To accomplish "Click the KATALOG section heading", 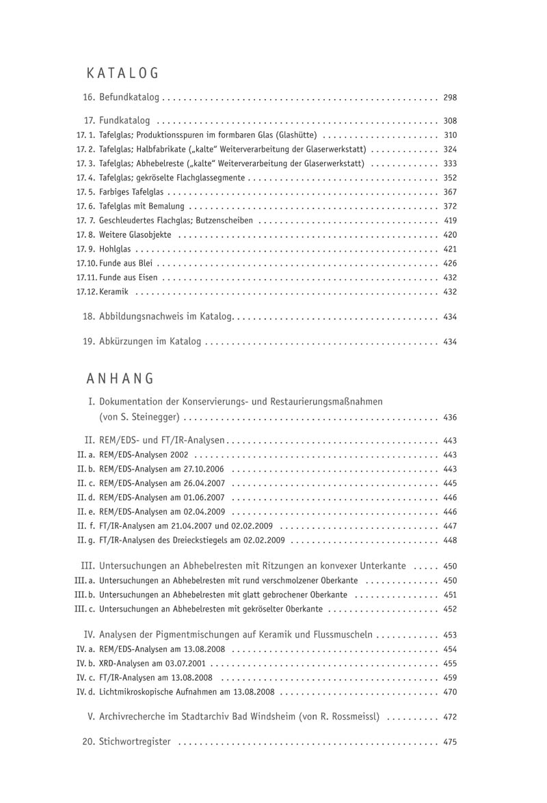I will point(123,73).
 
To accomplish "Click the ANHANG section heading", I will point(121,378).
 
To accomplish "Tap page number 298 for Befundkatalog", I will point(450,97).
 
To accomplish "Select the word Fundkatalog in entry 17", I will point(124,120).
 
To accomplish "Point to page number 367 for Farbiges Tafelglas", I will point(450,192).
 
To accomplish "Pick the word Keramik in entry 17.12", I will point(114,292).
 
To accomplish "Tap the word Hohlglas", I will point(115,249).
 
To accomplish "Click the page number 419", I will point(450,221).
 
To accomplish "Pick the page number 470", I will point(450,692).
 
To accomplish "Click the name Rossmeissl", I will point(354,717).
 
